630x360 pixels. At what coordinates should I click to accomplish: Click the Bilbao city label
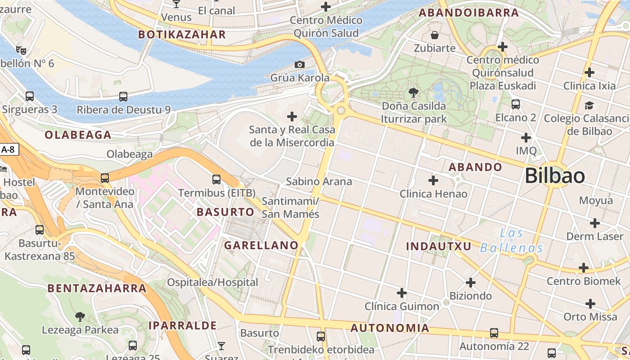tap(554, 175)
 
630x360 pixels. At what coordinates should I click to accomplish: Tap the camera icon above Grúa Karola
tap(299, 65)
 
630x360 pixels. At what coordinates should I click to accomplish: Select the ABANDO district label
tap(475, 167)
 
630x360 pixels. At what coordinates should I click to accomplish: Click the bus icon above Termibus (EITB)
tap(216, 180)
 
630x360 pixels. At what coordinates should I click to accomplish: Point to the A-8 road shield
tap(9, 150)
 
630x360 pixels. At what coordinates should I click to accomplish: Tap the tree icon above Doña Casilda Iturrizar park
tap(414, 93)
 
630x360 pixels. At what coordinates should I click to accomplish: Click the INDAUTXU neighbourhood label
tap(438, 246)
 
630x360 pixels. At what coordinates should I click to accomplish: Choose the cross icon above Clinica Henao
tap(433, 180)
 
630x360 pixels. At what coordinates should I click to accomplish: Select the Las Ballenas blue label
tap(512, 241)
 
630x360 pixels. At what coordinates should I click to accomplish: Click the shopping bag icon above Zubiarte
tap(435, 35)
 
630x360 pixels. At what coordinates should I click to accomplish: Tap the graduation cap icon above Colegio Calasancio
tap(589, 105)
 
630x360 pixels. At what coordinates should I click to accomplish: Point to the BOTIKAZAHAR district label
tap(182, 35)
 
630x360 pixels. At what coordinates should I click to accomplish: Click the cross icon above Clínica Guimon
tap(402, 293)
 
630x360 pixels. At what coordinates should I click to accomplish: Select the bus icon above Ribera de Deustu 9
tap(123, 96)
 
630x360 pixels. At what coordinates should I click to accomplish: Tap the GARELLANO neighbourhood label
tap(261, 245)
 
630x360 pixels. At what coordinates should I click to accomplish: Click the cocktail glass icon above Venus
tap(176, 4)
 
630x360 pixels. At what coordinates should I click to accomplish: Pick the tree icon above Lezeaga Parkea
tap(80, 317)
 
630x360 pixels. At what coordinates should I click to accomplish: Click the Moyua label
tap(596, 200)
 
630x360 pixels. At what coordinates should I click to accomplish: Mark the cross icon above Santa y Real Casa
tap(292, 117)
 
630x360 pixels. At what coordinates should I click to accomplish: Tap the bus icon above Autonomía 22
tap(494, 333)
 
